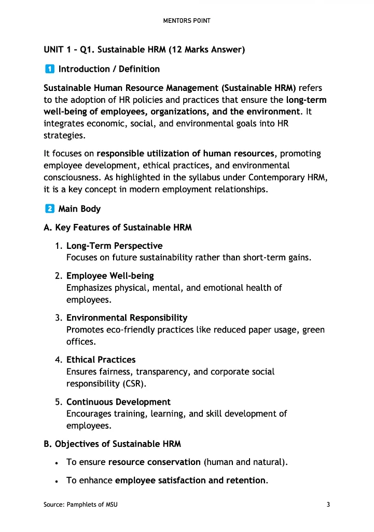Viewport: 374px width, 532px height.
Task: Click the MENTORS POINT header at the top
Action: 187,21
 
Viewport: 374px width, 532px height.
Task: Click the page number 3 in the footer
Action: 328,504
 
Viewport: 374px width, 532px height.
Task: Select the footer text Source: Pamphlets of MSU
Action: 80,504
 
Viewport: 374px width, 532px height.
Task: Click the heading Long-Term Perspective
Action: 114,246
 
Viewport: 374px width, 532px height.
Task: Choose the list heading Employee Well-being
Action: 110,276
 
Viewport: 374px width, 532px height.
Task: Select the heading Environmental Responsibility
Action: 127,317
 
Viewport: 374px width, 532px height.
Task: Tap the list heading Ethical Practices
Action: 101,360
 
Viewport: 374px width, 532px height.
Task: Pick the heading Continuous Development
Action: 118,402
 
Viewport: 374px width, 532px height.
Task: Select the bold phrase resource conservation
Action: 154,462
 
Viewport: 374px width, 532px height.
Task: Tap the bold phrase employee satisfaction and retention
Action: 190,481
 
